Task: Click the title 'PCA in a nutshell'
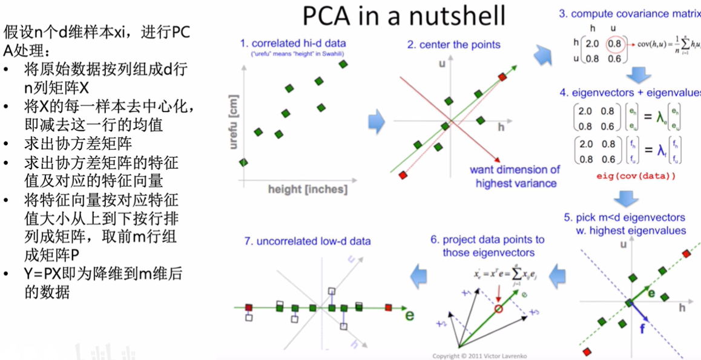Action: (x=404, y=16)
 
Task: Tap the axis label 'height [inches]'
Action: (x=308, y=189)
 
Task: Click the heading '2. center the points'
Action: (x=453, y=44)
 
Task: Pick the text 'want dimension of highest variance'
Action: (x=515, y=176)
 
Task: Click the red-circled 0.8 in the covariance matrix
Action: (x=614, y=44)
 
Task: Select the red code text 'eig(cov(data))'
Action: (x=636, y=176)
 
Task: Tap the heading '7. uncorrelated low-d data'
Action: (x=308, y=241)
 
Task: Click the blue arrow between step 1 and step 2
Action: (x=377, y=121)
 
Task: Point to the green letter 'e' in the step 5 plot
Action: (x=651, y=293)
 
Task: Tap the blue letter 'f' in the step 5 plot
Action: (x=642, y=329)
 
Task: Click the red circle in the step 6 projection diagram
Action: (x=498, y=309)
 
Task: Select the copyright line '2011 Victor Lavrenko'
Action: (x=479, y=356)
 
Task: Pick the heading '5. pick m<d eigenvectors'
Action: (x=625, y=217)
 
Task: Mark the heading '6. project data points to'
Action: (x=487, y=240)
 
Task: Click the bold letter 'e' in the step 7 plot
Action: (x=409, y=315)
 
